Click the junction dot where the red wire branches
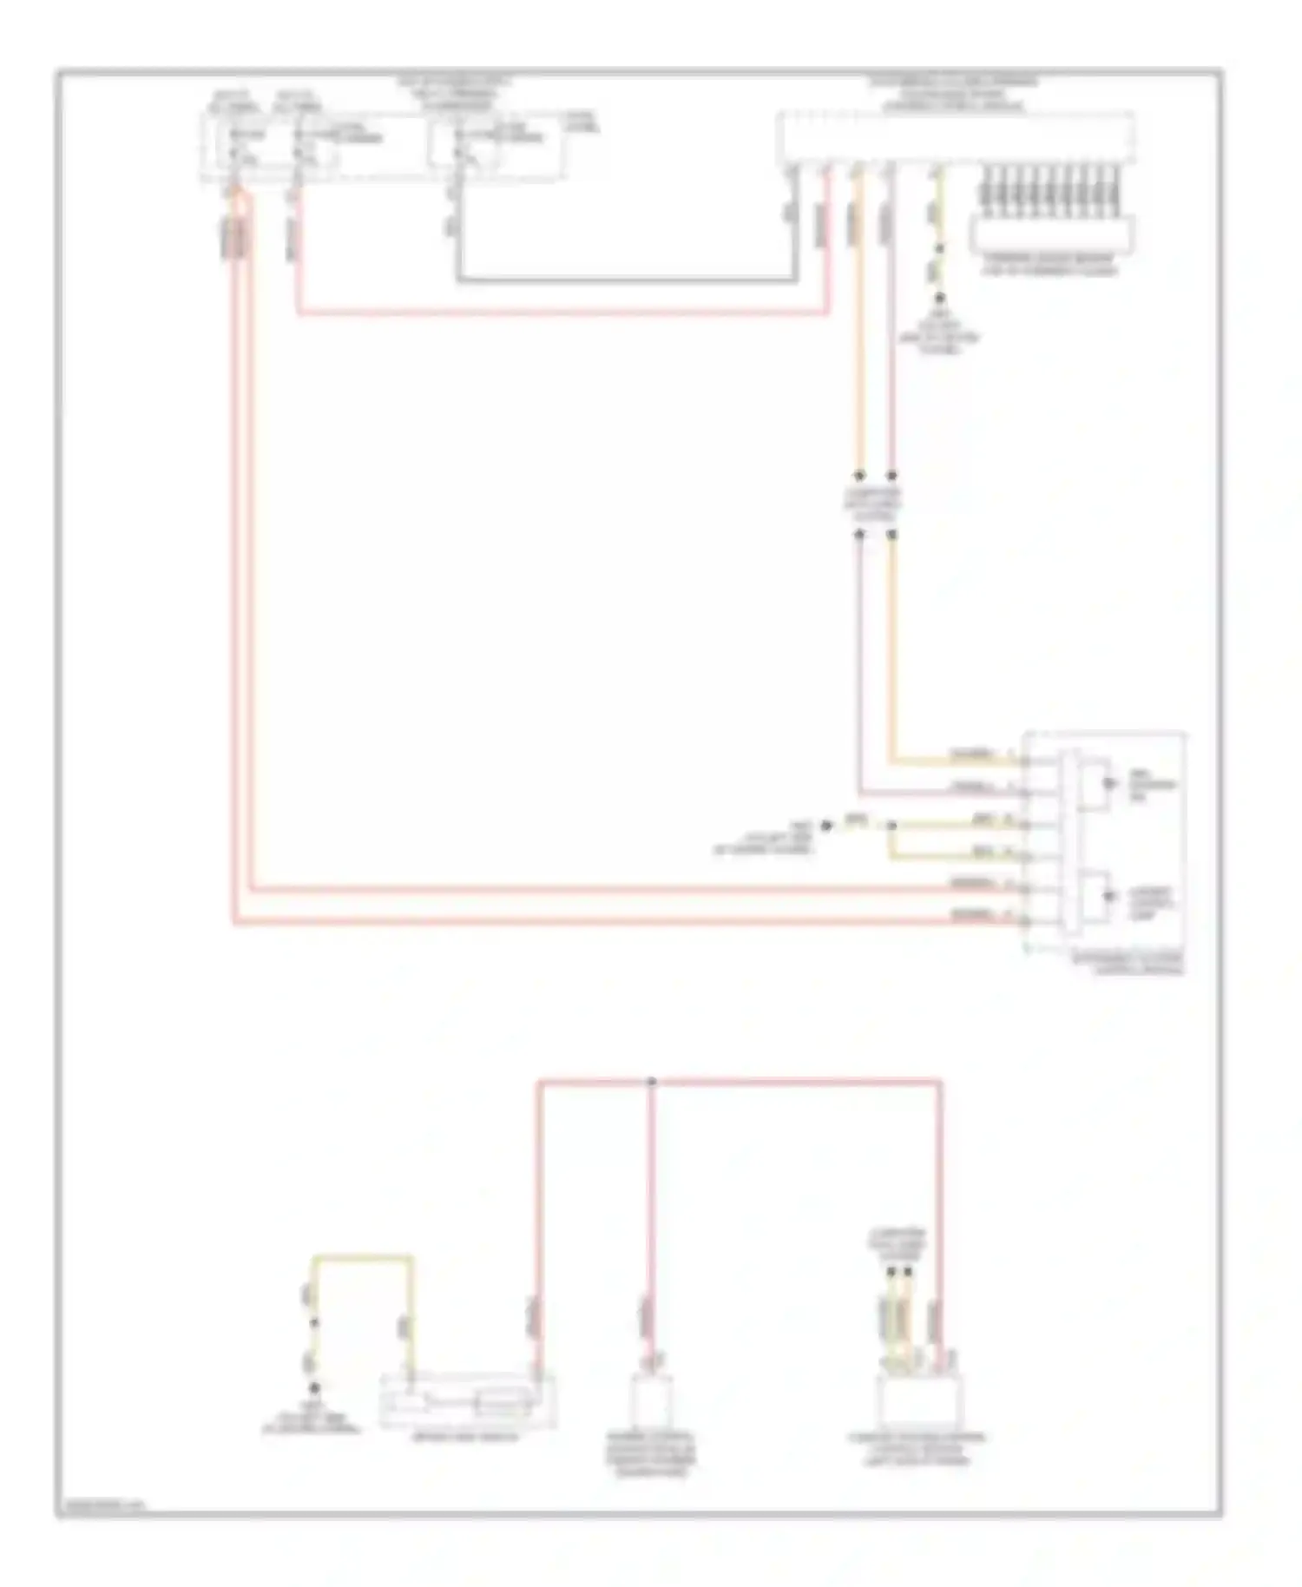tap(651, 1081)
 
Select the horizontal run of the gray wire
tap(625, 280)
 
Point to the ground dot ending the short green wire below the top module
tap(938, 298)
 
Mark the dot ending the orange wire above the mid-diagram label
tap(859, 476)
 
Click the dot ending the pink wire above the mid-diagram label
tap(891, 476)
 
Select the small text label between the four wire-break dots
tap(874, 504)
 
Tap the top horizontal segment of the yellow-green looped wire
tap(363, 1257)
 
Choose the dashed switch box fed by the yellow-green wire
tap(468, 1400)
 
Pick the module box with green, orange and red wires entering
tap(918, 1400)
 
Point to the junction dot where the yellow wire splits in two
tap(891, 826)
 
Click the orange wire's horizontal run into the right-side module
tap(955, 763)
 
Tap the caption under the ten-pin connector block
tap(1050, 265)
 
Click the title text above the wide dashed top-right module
tap(954, 94)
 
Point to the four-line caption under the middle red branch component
tap(651, 1454)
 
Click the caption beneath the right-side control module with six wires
tap(1128, 964)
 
